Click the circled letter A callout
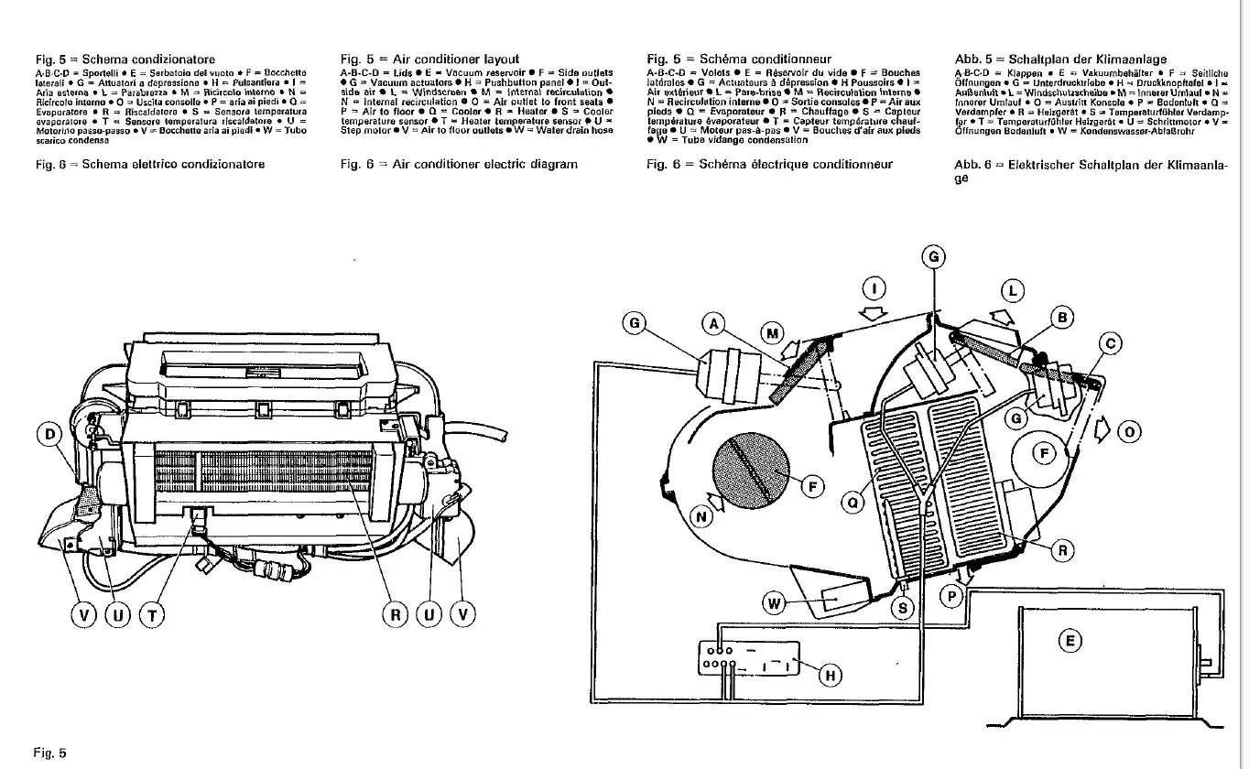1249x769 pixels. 715,323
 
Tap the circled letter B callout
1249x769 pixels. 1061,319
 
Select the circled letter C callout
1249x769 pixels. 1111,344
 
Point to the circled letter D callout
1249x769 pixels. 49,433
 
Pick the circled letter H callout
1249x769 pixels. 831,676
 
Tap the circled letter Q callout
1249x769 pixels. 853,502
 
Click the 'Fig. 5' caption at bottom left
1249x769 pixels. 49,753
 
